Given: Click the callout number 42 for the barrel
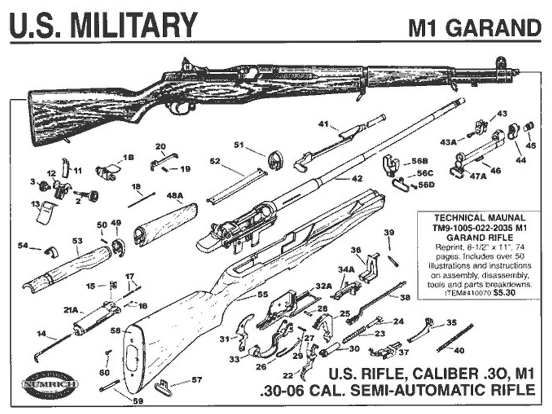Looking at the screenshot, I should tap(356, 179).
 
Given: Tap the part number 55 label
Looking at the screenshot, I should tap(262, 294).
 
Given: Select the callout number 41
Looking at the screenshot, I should tap(324, 124).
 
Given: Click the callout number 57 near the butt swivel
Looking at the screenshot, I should tap(197, 380).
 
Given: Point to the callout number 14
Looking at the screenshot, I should tap(41, 333).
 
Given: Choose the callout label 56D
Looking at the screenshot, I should tap(426, 184).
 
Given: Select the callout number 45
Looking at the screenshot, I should tap(531, 145).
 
